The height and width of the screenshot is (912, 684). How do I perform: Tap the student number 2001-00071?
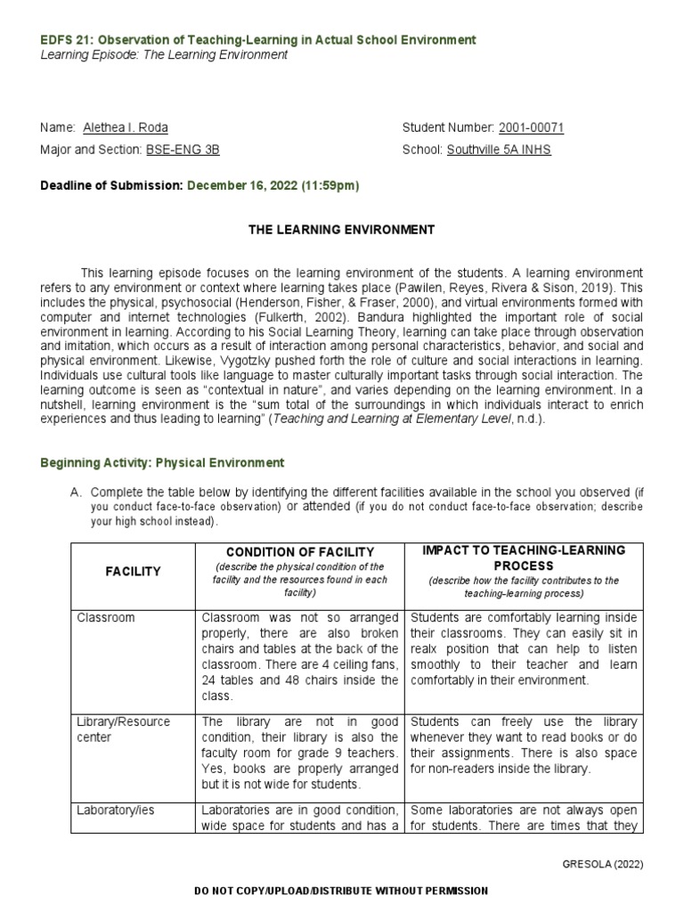click(x=531, y=127)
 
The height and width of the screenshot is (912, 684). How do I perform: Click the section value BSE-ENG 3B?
click(x=183, y=150)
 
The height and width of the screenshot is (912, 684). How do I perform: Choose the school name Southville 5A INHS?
click(x=499, y=150)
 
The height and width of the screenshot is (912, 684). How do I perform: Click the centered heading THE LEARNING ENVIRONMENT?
click(x=341, y=230)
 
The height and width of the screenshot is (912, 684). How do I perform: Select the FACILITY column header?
click(x=133, y=572)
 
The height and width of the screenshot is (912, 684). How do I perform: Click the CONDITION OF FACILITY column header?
click(x=298, y=552)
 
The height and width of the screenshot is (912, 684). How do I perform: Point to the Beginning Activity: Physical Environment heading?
click(x=162, y=462)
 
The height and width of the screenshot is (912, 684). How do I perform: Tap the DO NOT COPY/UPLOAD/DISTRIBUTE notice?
click(x=341, y=891)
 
